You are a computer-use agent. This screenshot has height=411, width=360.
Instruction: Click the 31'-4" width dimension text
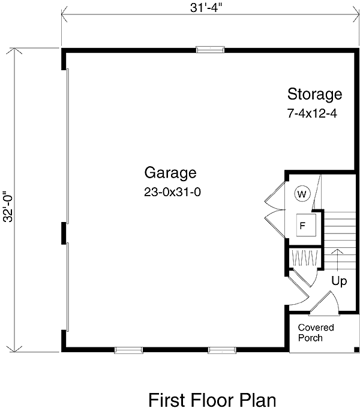(206, 8)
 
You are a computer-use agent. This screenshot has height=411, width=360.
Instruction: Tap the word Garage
(170, 173)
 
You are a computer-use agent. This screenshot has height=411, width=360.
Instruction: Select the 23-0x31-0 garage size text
(173, 192)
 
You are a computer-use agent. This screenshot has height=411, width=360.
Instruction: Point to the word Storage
(314, 95)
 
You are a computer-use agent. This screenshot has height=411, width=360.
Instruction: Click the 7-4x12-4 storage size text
(312, 113)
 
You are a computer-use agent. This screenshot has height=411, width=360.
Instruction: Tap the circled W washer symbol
(302, 194)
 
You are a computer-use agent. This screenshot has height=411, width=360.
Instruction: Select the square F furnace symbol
(306, 225)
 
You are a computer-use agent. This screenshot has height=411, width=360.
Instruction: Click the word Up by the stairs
(339, 281)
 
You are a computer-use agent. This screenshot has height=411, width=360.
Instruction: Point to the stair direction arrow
(337, 260)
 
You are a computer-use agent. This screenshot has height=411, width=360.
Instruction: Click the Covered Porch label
(316, 332)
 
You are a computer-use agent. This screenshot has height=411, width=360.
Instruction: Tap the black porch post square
(356, 349)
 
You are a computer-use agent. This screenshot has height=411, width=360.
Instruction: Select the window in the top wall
(210, 50)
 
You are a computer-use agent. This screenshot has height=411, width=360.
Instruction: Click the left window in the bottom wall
(129, 350)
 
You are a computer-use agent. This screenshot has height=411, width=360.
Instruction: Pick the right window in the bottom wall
(222, 350)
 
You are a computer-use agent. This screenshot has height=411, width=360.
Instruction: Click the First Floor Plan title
(212, 400)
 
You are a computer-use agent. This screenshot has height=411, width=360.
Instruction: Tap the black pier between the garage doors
(64, 233)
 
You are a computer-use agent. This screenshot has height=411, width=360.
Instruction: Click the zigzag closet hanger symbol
(305, 258)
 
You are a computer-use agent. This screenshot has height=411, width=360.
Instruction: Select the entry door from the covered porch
(325, 303)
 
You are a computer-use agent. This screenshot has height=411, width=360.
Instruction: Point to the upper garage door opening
(68, 146)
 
